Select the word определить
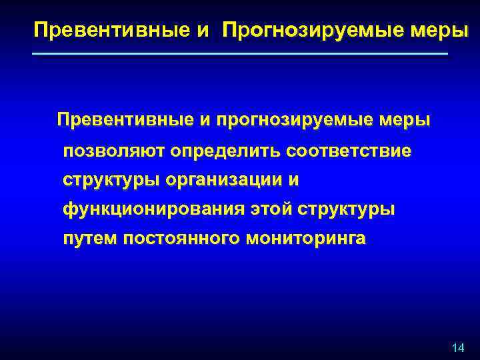click(x=225, y=151)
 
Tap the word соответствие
click(x=349, y=151)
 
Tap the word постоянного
click(x=179, y=239)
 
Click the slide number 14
click(x=458, y=348)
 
